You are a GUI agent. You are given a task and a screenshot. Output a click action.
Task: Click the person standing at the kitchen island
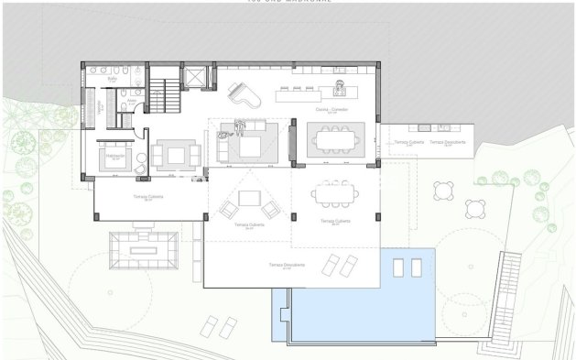[342, 88]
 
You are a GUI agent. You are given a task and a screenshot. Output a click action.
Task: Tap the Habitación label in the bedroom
[115, 156]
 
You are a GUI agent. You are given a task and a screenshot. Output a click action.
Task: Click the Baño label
[112, 82]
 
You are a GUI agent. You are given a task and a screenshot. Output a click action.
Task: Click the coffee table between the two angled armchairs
[248, 198]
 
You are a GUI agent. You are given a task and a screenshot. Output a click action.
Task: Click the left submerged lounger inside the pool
[397, 267]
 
